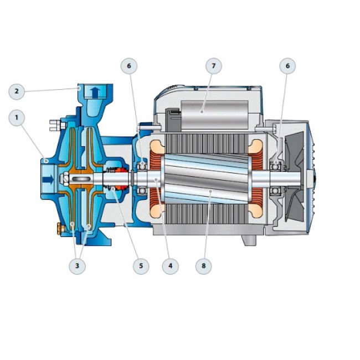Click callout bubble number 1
coord(17,118)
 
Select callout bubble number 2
coord(17,91)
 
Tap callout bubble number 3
coord(77,266)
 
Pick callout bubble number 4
coord(170,266)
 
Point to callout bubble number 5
coord(141,266)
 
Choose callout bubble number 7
coord(214,66)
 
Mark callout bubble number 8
coord(204,266)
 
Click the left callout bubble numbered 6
coord(129,66)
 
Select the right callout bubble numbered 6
coord(287,66)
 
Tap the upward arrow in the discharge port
coord(95,92)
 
